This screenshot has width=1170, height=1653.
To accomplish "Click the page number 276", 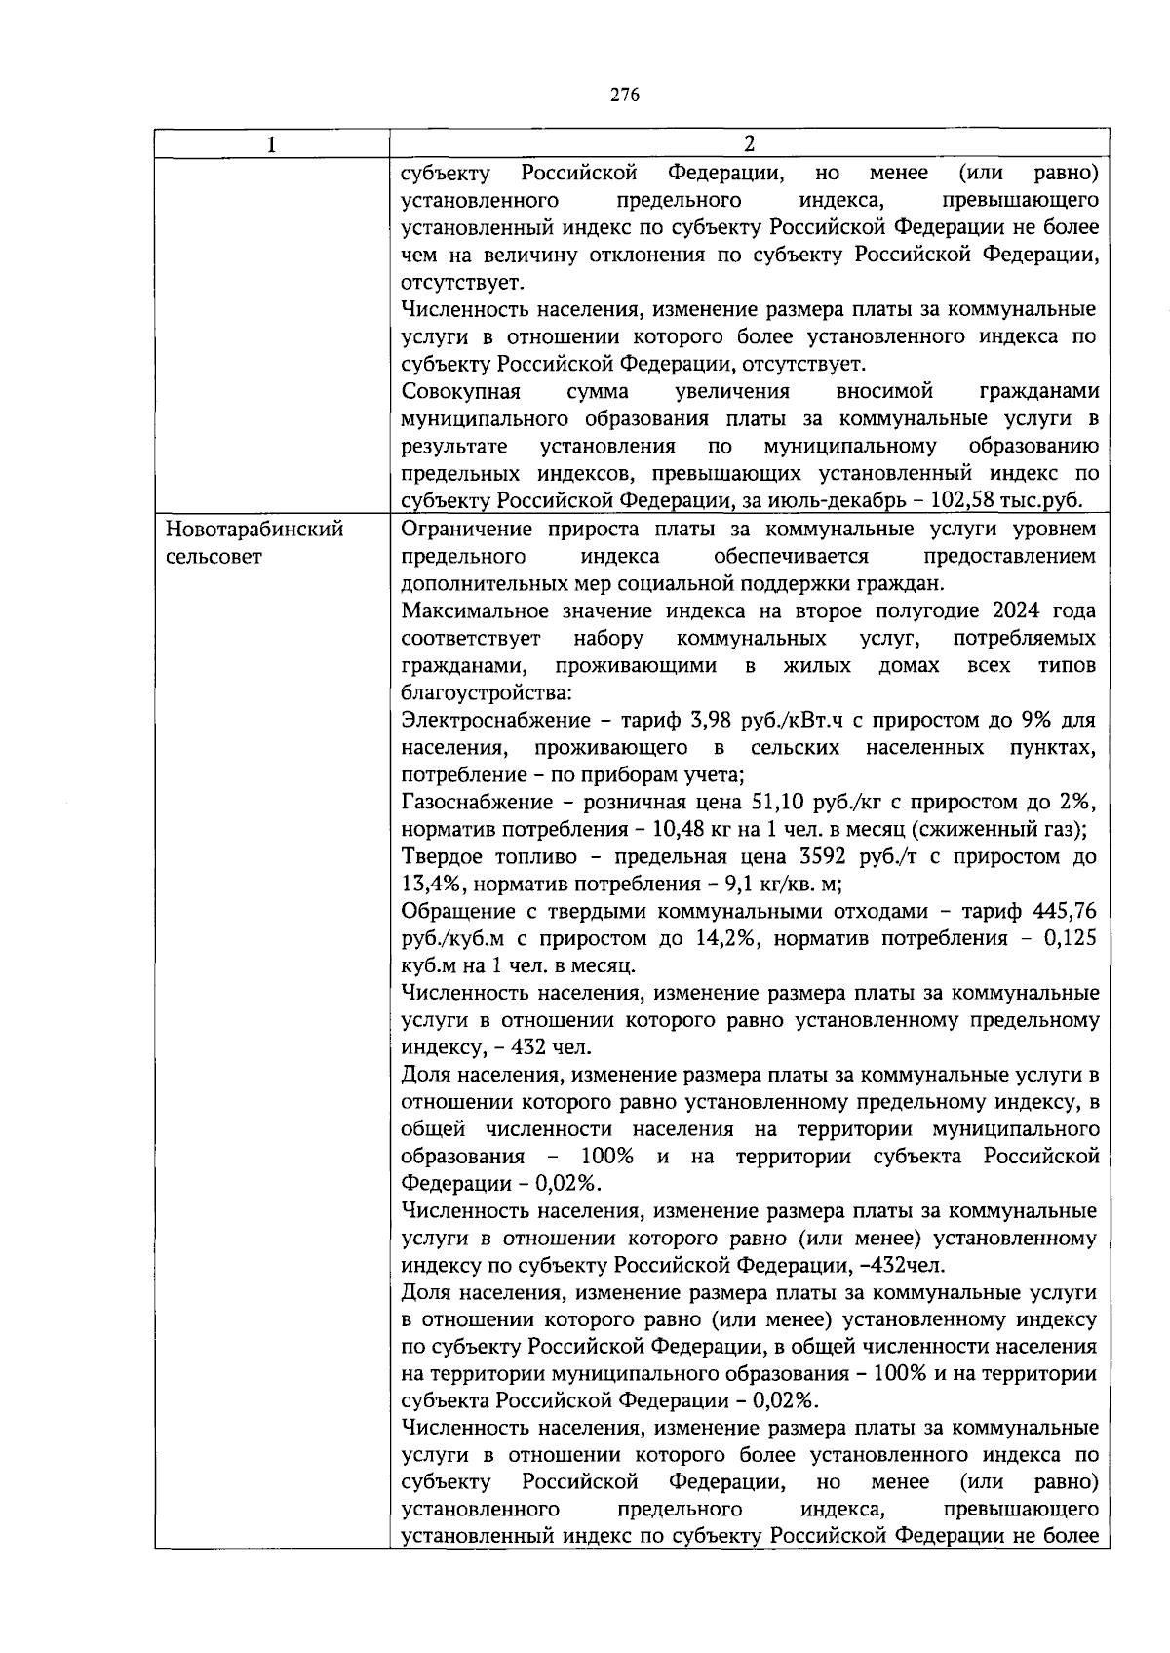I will click(x=625, y=95).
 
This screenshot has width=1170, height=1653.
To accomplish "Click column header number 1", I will click(x=271, y=144).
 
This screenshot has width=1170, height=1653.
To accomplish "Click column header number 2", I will click(x=748, y=144).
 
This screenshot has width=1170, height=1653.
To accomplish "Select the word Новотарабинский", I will click(x=254, y=530).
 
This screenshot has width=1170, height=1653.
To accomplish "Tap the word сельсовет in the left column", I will click(x=214, y=557).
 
